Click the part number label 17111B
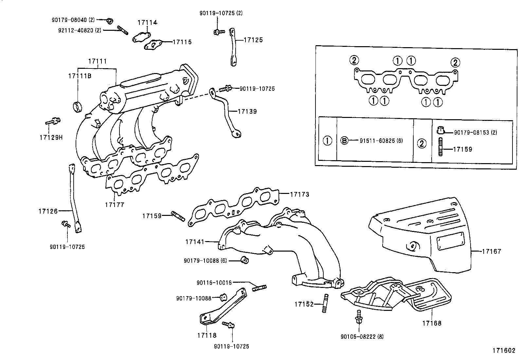[x=80, y=76]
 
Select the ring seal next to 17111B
[x=78, y=106]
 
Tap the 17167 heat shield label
[x=491, y=252]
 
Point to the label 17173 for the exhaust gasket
[x=299, y=194]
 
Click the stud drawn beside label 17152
[x=325, y=304]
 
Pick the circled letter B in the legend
[x=344, y=141]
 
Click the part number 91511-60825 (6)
[x=381, y=141]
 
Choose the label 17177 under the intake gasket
[x=115, y=205]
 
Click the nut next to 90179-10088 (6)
[x=244, y=260]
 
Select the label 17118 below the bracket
[x=207, y=335]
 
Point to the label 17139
[x=247, y=111]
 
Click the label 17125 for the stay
[x=253, y=40]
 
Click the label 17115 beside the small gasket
[x=182, y=42]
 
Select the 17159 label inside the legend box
[x=462, y=149]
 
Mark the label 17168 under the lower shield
[x=431, y=323]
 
